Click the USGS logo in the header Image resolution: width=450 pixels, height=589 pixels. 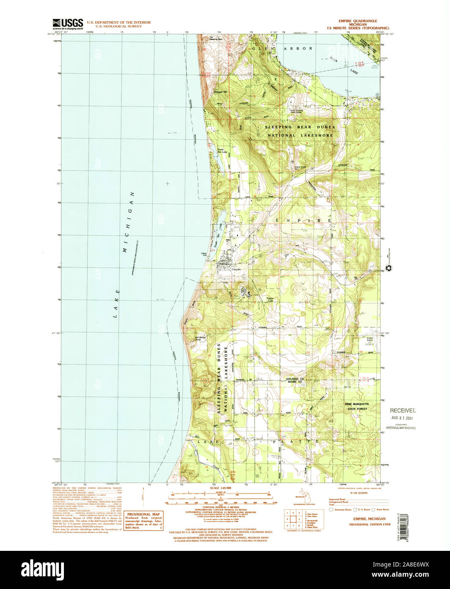(68, 24)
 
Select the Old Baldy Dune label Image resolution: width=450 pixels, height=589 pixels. (200, 339)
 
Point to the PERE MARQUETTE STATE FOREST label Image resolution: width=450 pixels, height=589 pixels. (356, 406)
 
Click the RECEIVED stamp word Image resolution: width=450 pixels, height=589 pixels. (403, 411)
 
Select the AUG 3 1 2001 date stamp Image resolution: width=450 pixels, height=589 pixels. (403, 418)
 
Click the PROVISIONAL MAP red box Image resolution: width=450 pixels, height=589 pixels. (144, 520)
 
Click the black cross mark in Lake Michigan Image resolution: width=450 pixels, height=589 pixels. (168, 183)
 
